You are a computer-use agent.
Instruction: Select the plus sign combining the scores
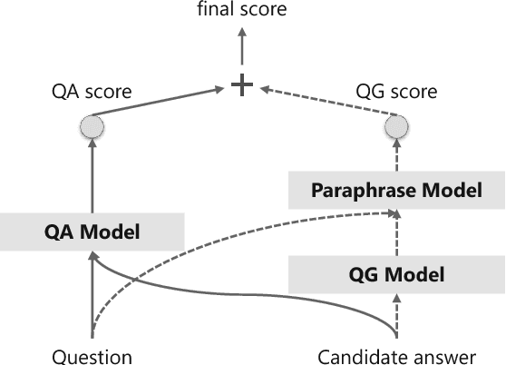(241, 85)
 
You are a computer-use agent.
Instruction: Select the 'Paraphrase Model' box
(396, 192)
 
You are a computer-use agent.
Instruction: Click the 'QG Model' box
(396, 272)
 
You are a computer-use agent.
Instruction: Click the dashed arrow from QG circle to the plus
(326, 101)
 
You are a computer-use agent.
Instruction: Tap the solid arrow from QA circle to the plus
(159, 101)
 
